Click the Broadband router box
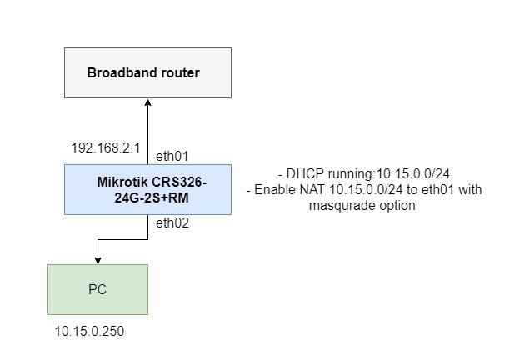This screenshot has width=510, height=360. pos(147,72)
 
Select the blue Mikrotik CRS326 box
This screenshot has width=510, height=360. pos(147,189)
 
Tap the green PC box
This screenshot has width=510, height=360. pos(97,289)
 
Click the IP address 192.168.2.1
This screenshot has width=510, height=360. pos(104,147)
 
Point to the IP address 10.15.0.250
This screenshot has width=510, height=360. pos(89,331)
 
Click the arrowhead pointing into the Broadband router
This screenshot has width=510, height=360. pos(147,102)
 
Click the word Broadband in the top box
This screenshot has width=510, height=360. pos(118,73)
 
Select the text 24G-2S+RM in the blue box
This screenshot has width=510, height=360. pos(147,197)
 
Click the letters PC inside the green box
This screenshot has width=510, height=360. pos(97,290)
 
